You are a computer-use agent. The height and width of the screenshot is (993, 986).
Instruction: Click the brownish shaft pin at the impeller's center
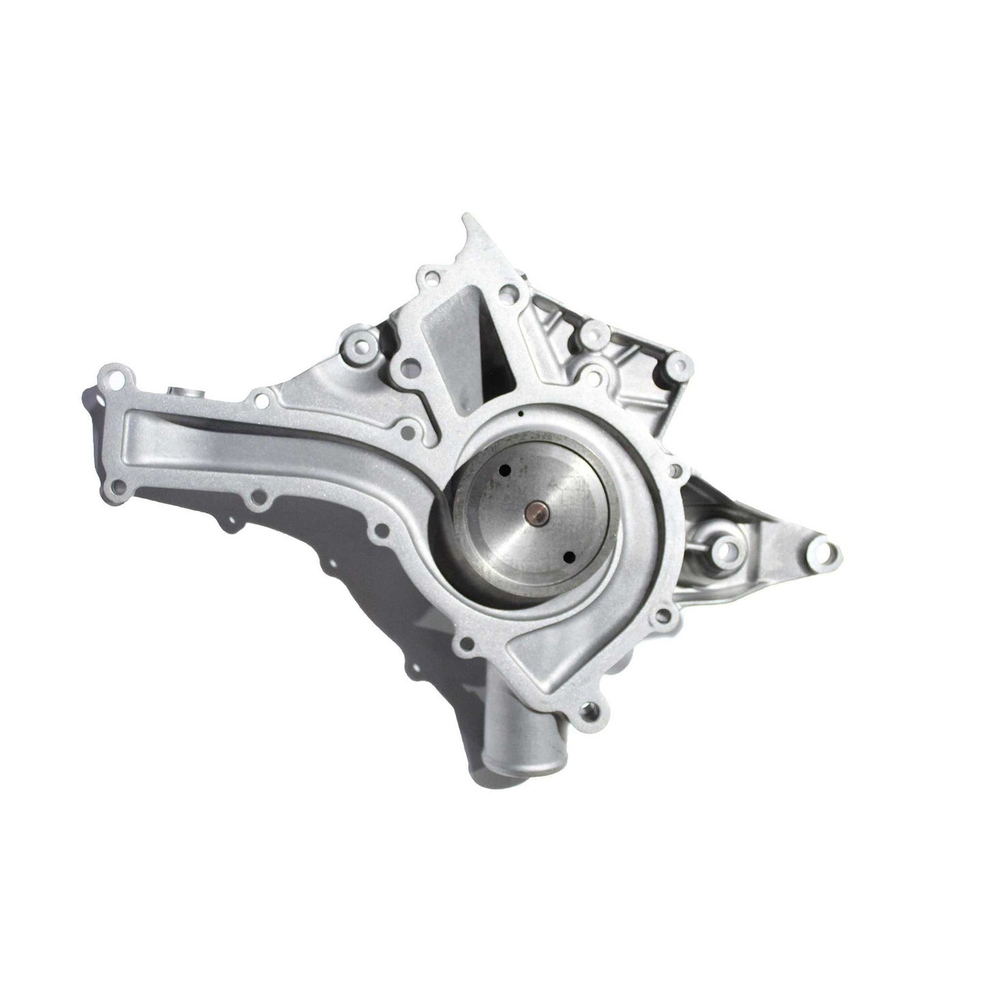534,510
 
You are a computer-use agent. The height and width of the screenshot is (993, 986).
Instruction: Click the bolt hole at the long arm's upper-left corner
110,376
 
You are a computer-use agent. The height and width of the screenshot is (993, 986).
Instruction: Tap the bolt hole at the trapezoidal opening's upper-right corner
506,294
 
